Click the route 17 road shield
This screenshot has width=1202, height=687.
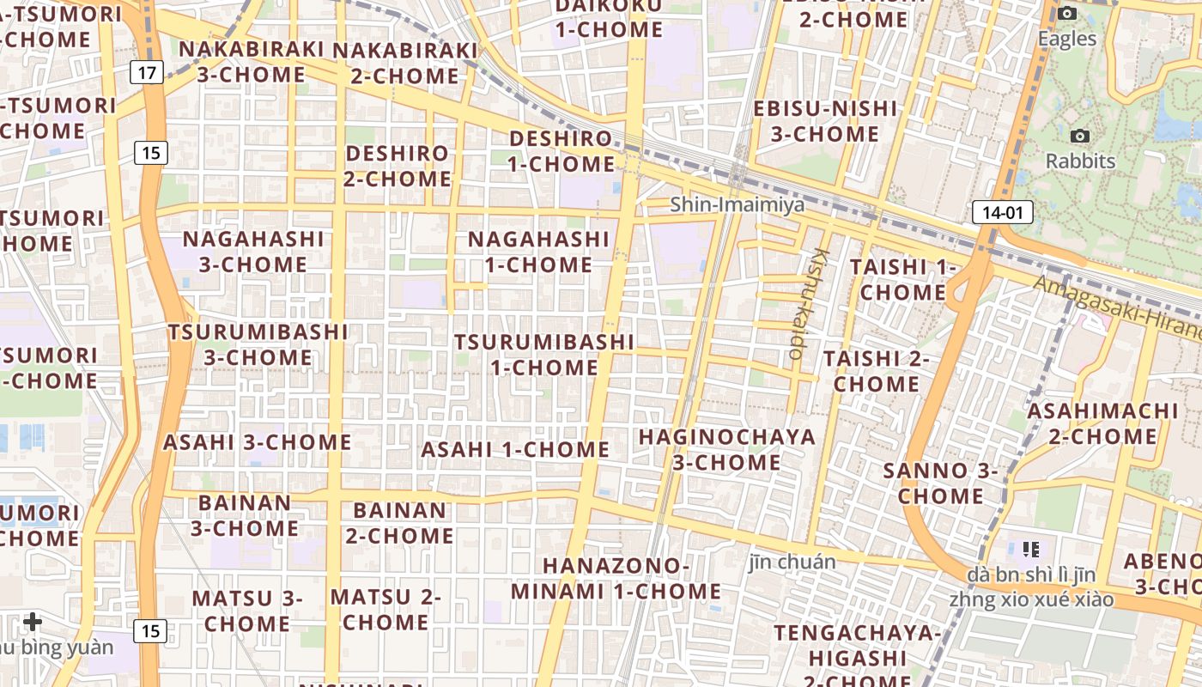point(147,72)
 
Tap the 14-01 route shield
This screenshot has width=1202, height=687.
point(1002,212)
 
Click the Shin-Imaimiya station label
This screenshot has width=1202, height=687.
point(737,204)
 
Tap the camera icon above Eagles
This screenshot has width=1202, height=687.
point(1067,13)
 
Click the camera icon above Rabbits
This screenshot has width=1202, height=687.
point(1080,136)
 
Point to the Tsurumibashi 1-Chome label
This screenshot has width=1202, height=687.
point(544,354)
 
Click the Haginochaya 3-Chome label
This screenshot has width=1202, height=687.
point(726,449)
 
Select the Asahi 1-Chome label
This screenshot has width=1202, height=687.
point(515,449)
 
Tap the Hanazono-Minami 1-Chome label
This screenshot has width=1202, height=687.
point(616,579)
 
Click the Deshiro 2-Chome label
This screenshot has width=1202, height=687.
point(398,166)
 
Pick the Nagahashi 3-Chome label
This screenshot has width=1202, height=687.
point(253,251)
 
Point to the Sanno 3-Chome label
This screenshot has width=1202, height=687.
point(941,483)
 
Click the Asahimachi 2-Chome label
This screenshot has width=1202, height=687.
point(1103,423)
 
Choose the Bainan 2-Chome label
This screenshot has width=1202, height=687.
point(399,522)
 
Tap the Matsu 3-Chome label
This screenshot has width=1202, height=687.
point(247,610)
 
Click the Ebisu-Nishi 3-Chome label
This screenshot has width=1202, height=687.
point(824,121)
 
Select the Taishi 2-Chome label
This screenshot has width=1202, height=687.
point(877,371)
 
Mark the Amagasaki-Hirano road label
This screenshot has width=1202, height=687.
point(1116,307)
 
